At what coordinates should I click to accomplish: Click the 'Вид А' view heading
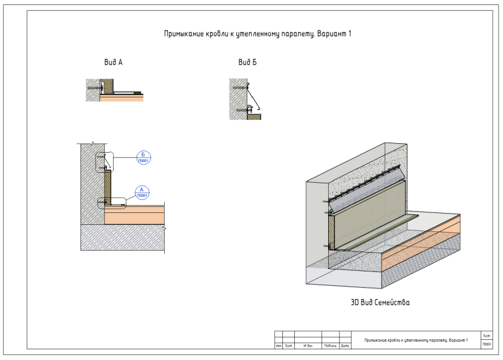pyautogui.click(x=113, y=62)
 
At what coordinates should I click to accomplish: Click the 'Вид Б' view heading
pyautogui.click(x=247, y=62)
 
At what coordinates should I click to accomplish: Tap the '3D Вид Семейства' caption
pyautogui.click(x=380, y=303)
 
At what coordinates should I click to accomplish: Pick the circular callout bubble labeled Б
pyautogui.click(x=143, y=157)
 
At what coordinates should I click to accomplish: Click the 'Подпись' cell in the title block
pyautogui.click(x=330, y=346)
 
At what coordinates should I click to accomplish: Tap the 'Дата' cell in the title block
pyautogui.click(x=345, y=346)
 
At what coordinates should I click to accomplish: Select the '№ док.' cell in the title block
pyautogui.click(x=308, y=346)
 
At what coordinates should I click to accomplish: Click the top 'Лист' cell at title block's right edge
pyautogui.click(x=486, y=336)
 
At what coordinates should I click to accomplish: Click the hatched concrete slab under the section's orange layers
pyautogui.click(x=123, y=239)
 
